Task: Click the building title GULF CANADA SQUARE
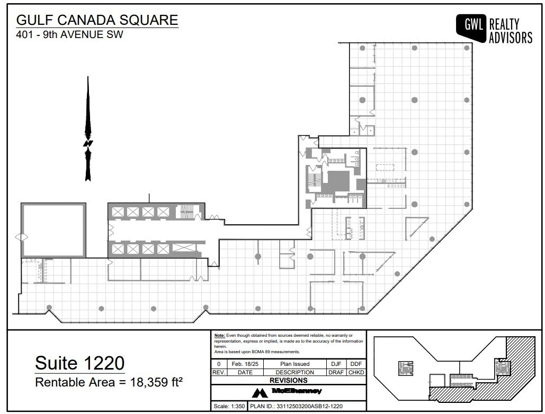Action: pos(97,20)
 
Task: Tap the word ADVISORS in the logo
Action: pos(510,38)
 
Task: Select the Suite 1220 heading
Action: pos(79,363)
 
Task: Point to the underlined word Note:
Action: pos(219,336)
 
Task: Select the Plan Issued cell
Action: pos(294,364)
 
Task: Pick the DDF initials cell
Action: pos(355,364)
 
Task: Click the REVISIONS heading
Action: pos(288,380)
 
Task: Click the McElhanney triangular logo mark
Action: pos(260,392)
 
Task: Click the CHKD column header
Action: pos(355,372)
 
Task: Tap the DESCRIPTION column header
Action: pos(294,372)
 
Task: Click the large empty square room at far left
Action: pos(53,231)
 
